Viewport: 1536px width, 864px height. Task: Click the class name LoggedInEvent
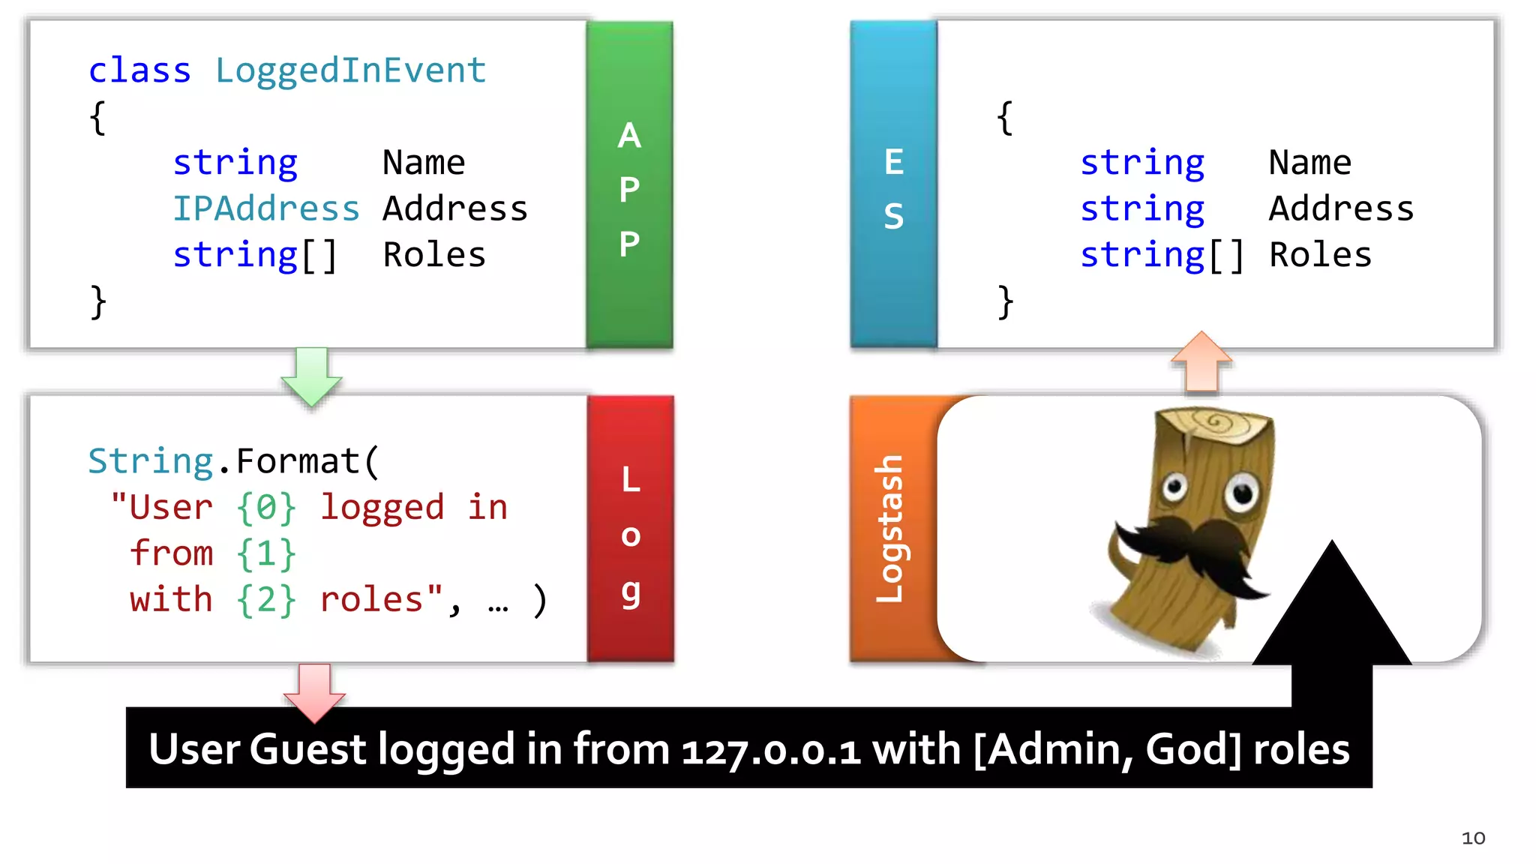[350, 71]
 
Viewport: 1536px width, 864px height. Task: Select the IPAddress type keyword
[266, 209]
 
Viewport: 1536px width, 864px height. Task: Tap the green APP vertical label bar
[629, 184]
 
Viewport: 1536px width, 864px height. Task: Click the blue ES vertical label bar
[893, 184]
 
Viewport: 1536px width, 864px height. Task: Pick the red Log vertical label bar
[630, 529]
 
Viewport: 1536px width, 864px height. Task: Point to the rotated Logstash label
[890, 529]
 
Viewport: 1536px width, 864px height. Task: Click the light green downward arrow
[312, 375]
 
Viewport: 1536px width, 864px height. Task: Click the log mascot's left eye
[1174, 487]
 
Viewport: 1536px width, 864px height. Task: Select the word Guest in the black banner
[307, 749]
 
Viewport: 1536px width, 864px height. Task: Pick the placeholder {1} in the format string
[266, 554]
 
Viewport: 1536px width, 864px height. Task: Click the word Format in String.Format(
[298, 461]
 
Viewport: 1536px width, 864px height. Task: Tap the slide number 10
[1473, 838]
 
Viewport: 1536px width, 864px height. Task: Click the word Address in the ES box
[1341, 209]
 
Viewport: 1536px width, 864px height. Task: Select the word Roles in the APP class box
[434, 256]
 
